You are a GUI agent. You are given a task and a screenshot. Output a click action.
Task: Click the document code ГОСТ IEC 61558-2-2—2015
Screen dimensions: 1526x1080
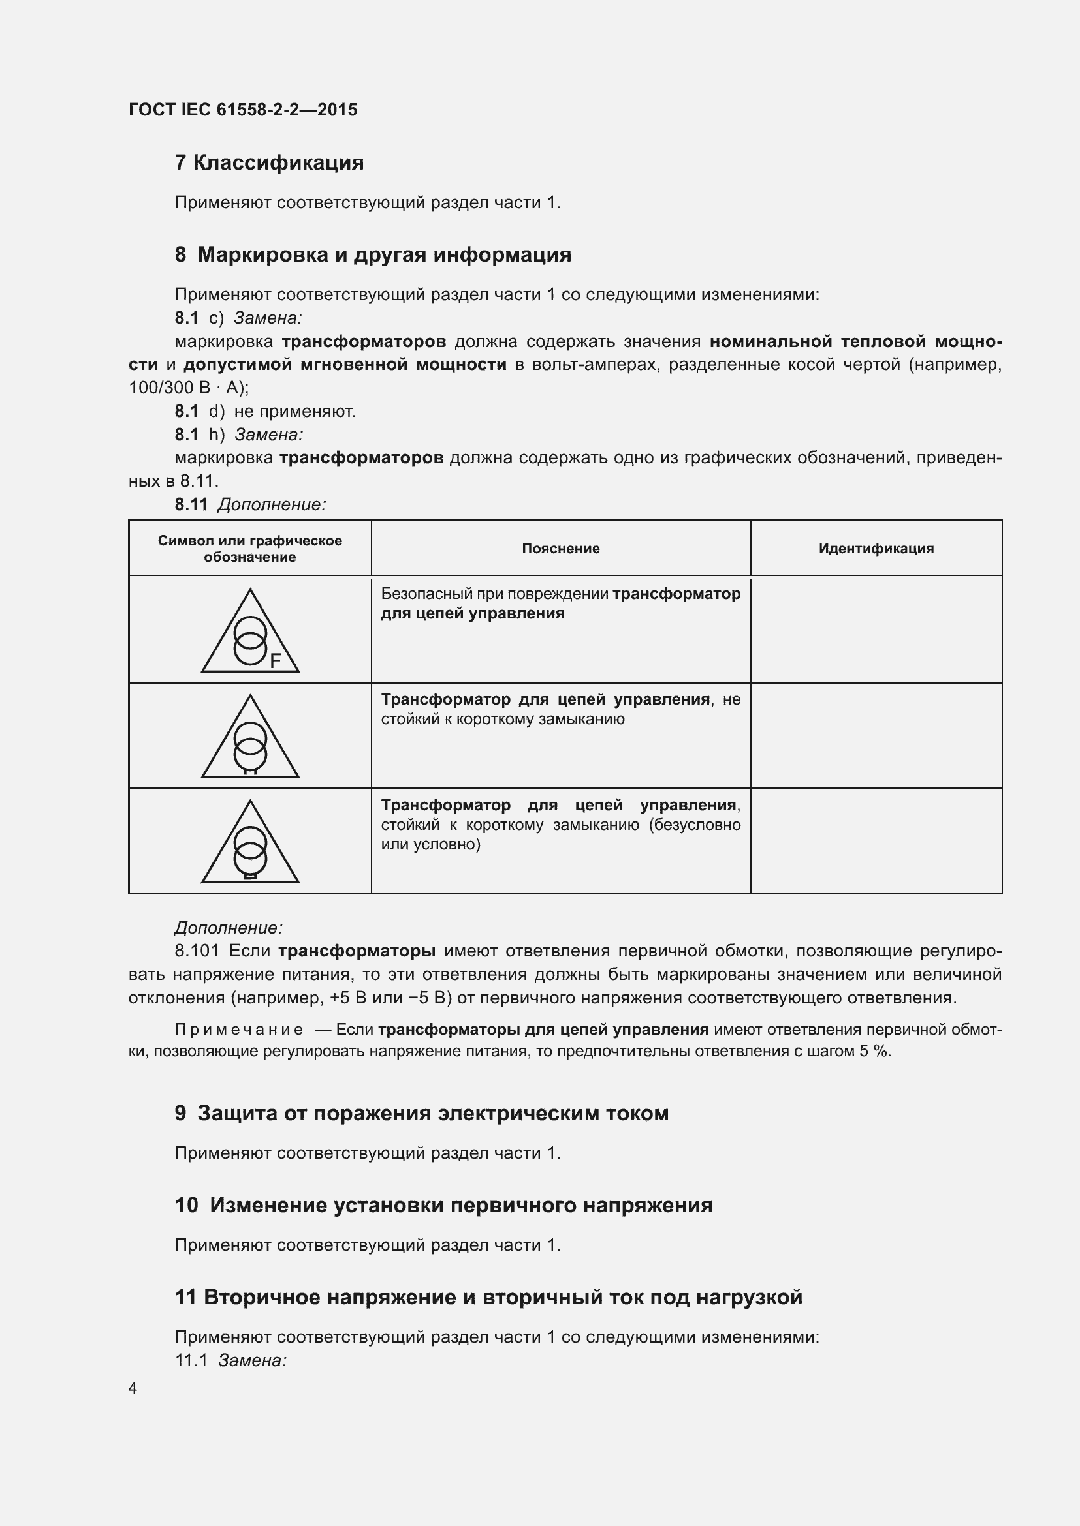coord(243,110)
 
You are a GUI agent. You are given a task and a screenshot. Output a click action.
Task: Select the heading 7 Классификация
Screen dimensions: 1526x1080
coord(268,162)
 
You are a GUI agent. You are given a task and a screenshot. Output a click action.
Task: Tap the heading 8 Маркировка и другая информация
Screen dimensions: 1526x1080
coord(372,254)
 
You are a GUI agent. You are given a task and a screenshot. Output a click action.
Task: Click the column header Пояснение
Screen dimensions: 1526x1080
coord(560,548)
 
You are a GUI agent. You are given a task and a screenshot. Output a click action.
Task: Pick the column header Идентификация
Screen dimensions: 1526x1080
coord(875,548)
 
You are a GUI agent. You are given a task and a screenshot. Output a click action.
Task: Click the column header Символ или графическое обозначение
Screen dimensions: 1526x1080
coord(249,548)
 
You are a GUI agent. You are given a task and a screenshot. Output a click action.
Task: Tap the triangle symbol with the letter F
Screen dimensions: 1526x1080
coord(250,632)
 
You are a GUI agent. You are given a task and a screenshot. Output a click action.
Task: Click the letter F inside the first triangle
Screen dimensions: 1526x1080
coord(275,661)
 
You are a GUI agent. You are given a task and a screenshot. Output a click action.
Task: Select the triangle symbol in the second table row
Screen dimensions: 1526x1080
coord(250,738)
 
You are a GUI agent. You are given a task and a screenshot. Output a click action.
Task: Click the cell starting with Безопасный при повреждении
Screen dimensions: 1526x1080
coord(560,603)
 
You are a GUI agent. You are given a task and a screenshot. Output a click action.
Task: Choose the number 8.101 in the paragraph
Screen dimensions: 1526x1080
coord(197,951)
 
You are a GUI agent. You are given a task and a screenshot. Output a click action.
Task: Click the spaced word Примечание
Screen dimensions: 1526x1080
coord(239,1030)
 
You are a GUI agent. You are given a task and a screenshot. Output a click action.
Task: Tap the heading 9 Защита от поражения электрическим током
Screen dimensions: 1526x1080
coord(421,1113)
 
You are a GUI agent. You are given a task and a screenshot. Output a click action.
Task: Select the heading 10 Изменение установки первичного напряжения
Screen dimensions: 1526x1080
coord(443,1205)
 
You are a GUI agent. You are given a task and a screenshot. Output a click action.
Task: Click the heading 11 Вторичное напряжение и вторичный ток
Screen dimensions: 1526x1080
coord(488,1297)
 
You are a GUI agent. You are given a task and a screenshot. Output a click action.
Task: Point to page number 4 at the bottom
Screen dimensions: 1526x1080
coord(133,1388)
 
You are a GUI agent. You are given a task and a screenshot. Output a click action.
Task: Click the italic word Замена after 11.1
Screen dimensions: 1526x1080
coord(251,1360)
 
